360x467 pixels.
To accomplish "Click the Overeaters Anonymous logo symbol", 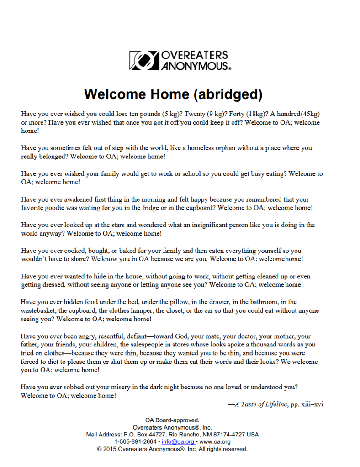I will [x=143, y=60].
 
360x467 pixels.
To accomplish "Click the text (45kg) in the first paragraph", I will [x=310, y=114].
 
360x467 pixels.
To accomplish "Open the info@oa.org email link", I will [x=175, y=442].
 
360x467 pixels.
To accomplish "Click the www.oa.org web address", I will [x=215, y=442].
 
